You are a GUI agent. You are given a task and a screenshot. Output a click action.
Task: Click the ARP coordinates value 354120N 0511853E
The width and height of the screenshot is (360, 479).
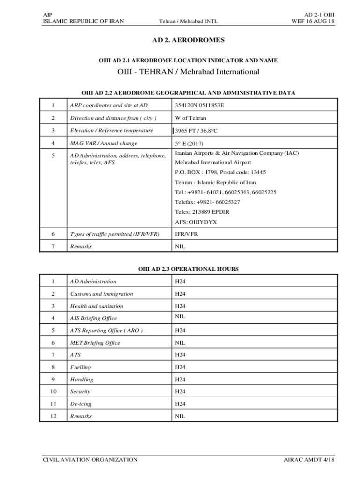tap(200, 105)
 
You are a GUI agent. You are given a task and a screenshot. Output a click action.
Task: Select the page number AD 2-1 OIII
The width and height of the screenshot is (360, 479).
tap(319, 15)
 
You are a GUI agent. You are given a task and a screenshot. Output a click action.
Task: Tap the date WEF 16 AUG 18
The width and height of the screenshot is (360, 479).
tap(313, 22)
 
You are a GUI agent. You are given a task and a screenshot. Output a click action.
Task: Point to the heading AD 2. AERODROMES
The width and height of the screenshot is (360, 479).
tap(188, 41)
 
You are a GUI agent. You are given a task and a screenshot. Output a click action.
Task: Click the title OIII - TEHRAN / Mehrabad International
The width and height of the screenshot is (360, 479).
tap(188, 72)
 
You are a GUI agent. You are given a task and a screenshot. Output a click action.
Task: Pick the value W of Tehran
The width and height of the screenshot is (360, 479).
tap(190, 118)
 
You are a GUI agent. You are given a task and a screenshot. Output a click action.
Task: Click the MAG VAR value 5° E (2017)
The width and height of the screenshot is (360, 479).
tap(189, 143)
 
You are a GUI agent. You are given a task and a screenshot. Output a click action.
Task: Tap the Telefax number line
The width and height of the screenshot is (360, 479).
tap(208, 202)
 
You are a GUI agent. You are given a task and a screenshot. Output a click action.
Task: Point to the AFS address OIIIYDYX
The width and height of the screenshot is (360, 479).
tap(196, 222)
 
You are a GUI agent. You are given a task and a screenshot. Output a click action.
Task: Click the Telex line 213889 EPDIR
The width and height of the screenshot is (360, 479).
tap(202, 212)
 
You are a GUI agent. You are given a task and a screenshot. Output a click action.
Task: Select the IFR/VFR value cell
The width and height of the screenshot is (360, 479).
tap(186, 234)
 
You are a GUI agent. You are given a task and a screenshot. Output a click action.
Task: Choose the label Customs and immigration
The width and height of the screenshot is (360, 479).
tap(101, 294)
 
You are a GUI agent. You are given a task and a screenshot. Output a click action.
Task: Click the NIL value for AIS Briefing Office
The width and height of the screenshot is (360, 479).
tap(180, 317)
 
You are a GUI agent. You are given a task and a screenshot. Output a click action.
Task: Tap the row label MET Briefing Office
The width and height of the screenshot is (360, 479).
tap(95, 343)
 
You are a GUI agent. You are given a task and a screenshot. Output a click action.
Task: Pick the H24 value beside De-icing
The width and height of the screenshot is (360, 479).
tap(180, 404)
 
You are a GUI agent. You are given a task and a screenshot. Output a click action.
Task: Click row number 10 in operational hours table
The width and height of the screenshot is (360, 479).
tap(53, 392)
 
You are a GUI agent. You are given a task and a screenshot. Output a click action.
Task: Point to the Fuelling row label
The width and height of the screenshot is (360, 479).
tap(80, 367)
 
